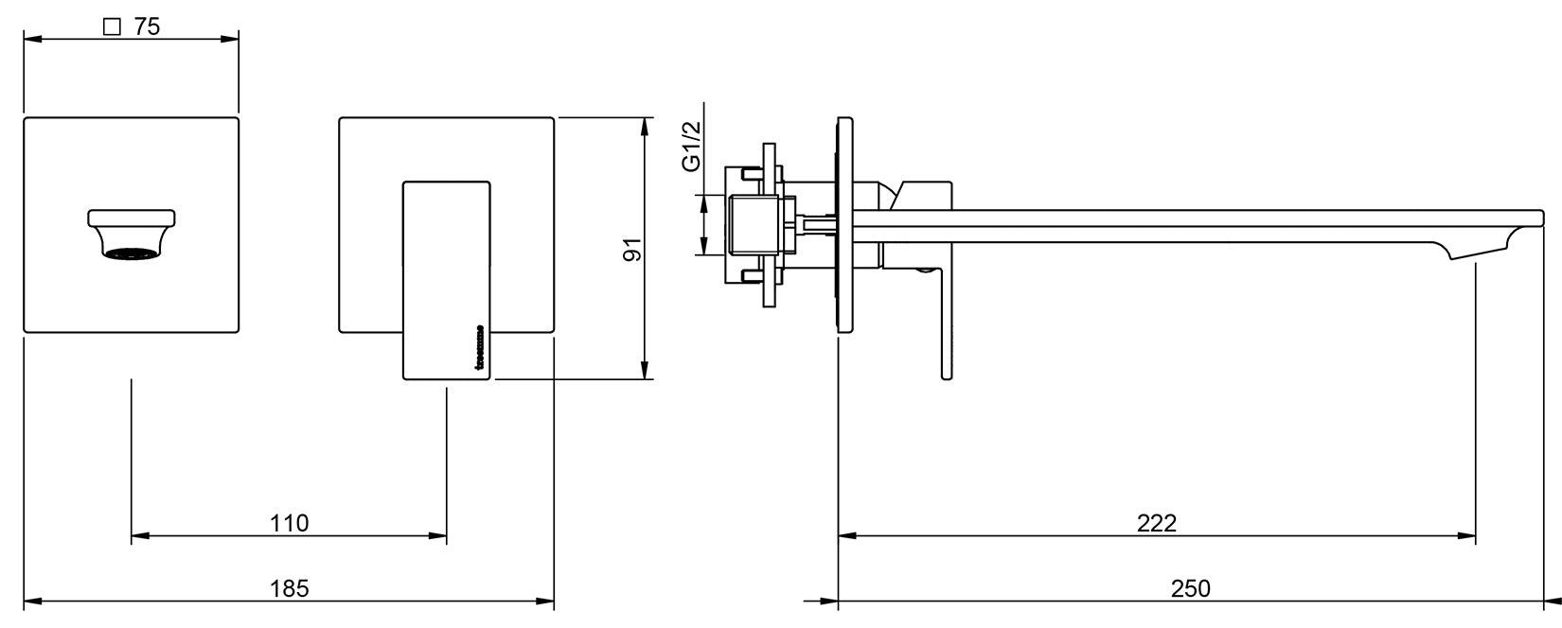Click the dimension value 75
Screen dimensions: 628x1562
click(147, 26)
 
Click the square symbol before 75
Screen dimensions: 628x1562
click(112, 27)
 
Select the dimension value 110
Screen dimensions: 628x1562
click(290, 522)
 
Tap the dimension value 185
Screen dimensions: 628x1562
click(290, 587)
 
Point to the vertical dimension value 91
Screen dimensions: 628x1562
click(632, 249)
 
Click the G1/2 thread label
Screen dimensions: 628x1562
click(692, 146)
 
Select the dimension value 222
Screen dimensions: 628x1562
click(1157, 522)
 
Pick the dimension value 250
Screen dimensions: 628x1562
click(1191, 587)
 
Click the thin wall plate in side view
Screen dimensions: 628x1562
click(843, 225)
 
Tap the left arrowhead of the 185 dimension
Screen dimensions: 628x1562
click(29, 600)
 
